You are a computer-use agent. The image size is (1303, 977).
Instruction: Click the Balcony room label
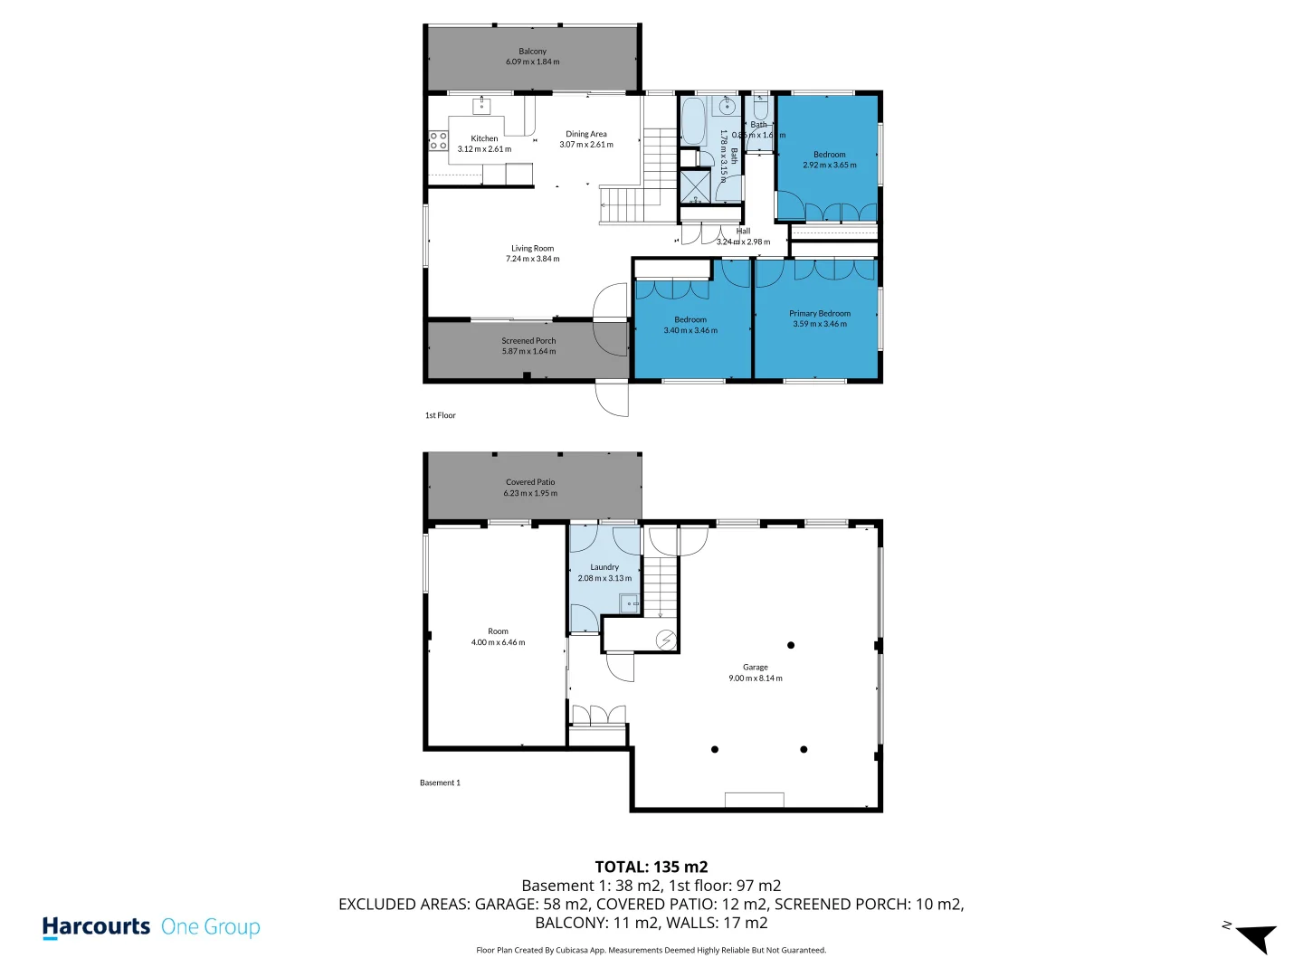532,52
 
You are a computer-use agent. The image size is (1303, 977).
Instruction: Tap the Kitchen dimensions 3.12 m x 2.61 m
484,149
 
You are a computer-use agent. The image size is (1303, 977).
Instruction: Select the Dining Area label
586,134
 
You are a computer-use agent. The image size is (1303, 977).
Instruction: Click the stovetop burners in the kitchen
438,140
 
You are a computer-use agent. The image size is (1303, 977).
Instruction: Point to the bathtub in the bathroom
693,122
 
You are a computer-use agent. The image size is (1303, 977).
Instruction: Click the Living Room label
532,248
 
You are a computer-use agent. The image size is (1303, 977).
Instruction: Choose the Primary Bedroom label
820,313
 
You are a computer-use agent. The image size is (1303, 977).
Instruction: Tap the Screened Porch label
528,341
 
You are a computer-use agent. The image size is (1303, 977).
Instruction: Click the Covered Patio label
530,482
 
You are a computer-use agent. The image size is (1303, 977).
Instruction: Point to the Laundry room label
604,567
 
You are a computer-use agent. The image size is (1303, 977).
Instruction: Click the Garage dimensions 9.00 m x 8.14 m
756,678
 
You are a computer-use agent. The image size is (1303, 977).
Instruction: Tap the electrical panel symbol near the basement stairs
666,640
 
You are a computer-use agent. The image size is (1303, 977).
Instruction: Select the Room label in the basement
498,631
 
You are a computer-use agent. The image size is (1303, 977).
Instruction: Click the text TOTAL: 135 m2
651,867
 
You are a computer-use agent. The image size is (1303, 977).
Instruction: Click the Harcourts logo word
96,927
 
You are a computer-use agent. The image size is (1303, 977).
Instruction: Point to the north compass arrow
1255,937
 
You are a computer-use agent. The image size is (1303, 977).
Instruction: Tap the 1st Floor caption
441,415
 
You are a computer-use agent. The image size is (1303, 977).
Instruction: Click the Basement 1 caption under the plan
440,783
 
